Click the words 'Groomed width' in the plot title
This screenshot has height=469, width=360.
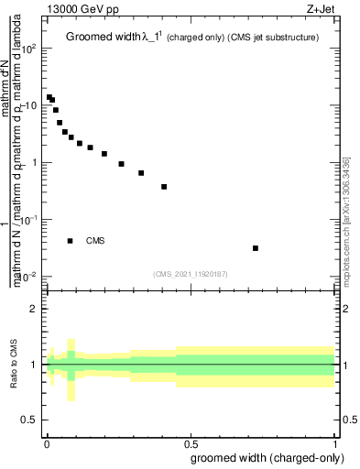click(x=100, y=38)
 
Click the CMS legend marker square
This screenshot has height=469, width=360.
click(x=71, y=241)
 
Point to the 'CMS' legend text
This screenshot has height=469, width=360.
click(x=95, y=241)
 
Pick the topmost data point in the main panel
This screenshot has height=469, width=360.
click(x=49, y=97)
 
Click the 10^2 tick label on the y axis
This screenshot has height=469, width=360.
click(x=27, y=49)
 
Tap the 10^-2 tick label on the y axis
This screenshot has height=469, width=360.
click(x=27, y=277)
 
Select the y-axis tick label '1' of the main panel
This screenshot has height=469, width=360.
click(x=33, y=163)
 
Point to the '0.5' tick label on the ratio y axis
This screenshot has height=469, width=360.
click(x=28, y=420)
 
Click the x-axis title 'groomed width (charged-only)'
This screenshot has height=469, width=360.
click(x=265, y=457)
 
